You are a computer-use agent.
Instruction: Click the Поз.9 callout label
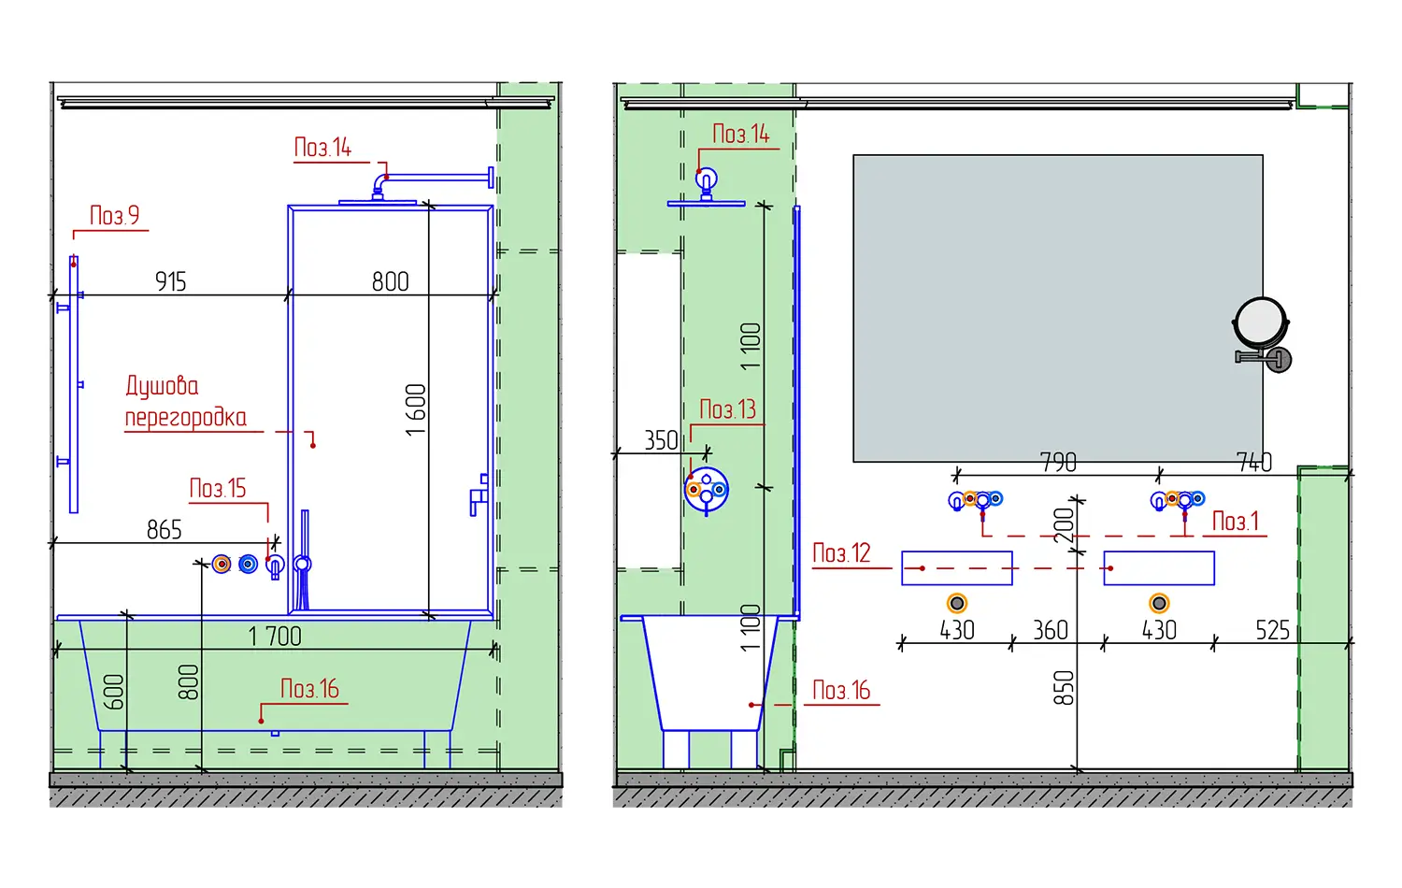(x=115, y=216)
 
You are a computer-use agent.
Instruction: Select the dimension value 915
(x=171, y=281)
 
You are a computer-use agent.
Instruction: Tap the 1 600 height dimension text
(x=416, y=410)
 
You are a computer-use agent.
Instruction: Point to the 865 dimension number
(x=164, y=530)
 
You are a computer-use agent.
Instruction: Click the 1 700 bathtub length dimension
(x=275, y=637)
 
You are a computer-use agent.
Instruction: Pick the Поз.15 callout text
(x=218, y=489)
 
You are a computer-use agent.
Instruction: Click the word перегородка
(x=186, y=418)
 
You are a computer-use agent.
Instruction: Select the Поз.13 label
(x=727, y=409)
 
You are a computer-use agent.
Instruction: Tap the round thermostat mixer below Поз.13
(x=706, y=490)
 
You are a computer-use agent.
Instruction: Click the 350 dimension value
(x=661, y=440)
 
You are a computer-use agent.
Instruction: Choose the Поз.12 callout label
(x=841, y=553)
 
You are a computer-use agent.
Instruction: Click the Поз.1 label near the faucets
(x=1235, y=522)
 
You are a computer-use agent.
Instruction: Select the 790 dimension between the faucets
(x=1058, y=463)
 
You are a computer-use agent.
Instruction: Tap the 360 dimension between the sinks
(x=1051, y=630)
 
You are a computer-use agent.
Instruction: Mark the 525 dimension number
(x=1272, y=630)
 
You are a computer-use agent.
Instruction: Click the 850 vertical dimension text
(x=1064, y=688)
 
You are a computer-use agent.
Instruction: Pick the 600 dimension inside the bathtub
(x=113, y=692)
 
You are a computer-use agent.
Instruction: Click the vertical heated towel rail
(x=73, y=384)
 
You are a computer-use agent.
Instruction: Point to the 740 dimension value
(x=1254, y=463)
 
